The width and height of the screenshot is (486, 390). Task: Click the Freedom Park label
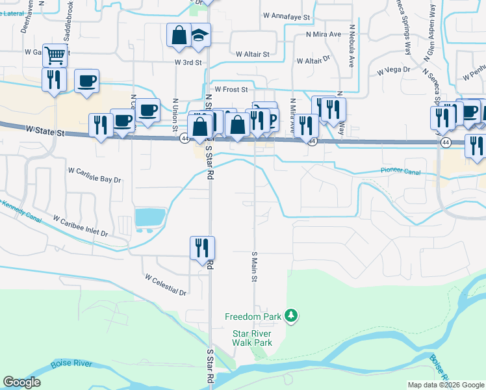coord(253,317)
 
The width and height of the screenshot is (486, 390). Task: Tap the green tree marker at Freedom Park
coord(292,317)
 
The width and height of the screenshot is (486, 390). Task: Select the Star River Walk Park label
coord(252,338)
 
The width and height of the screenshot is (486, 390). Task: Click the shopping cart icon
coord(55,56)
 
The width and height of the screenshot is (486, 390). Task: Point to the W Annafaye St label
coord(287,15)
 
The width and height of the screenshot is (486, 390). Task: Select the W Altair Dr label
coord(314,60)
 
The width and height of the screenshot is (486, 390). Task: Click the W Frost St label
coord(232,89)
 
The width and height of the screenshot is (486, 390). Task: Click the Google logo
coord(21,382)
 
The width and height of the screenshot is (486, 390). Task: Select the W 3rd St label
coord(189,62)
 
